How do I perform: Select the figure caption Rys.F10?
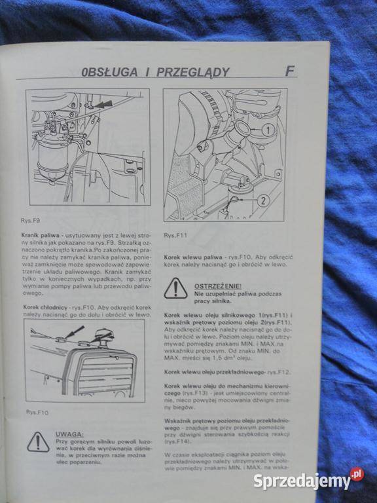coord(36,412)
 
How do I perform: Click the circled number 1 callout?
coord(268,130)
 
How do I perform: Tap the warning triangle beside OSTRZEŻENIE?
coord(175,289)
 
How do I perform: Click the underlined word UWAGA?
coord(69,434)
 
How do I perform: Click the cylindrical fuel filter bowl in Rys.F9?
coord(49,158)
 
